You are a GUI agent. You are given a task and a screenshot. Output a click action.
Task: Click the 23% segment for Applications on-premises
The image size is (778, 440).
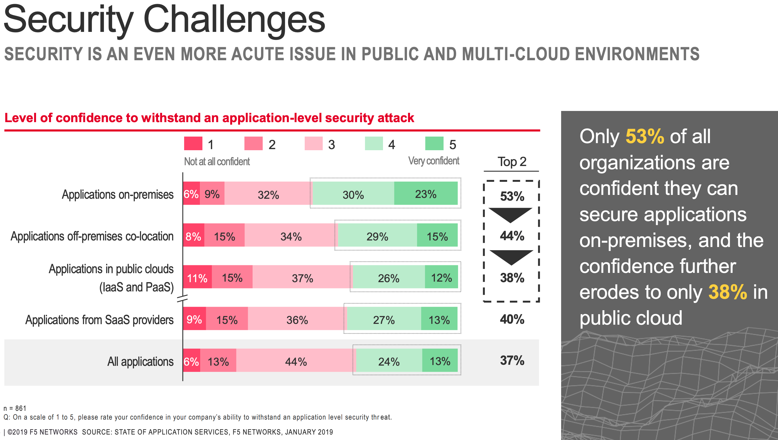tap(426, 193)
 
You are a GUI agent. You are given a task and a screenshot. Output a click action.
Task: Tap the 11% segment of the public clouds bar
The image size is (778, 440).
tap(197, 277)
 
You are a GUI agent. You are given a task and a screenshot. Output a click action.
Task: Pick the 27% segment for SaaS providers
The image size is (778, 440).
tap(384, 318)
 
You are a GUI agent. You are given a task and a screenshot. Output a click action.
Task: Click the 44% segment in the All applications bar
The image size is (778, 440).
tap(296, 360)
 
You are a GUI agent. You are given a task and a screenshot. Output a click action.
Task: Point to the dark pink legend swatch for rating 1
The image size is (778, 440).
tap(193, 144)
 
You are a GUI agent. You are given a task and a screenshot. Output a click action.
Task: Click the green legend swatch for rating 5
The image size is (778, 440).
tap(434, 144)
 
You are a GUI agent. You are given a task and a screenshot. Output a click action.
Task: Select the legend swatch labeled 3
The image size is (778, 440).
tap(313, 144)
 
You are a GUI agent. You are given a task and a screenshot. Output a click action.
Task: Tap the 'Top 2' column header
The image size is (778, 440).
tap(512, 162)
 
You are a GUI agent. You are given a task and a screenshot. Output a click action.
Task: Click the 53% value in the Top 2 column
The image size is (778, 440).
tap(512, 196)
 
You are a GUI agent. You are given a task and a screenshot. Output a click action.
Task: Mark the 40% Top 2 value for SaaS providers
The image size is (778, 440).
tap(512, 319)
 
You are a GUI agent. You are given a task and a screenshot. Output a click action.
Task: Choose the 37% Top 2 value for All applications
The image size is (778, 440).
tap(512, 360)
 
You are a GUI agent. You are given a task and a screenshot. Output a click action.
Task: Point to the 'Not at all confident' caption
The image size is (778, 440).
tap(217, 162)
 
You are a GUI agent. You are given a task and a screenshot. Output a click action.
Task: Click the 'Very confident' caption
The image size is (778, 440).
tap(433, 161)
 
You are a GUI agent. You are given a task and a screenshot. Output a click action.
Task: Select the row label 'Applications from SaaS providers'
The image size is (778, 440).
tap(100, 320)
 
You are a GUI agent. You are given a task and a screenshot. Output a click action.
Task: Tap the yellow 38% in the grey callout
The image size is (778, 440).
tap(728, 292)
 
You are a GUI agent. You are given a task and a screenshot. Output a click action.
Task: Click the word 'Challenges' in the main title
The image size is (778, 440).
tap(234, 20)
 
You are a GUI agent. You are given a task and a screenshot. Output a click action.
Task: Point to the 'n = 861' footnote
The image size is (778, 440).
tap(15, 408)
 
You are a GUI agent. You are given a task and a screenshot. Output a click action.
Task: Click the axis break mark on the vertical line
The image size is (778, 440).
tap(182, 299)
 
